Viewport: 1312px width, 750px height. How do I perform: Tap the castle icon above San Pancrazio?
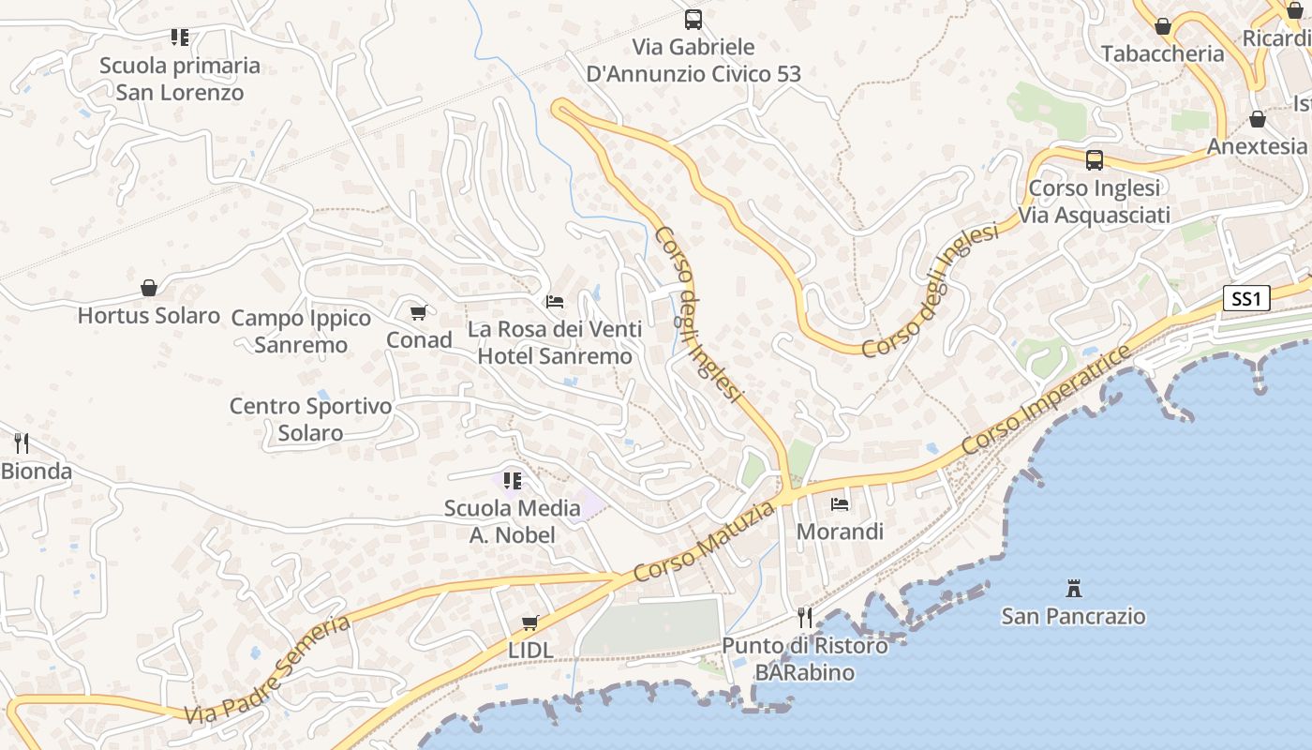coord(1074,589)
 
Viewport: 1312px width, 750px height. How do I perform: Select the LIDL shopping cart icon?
coord(530,622)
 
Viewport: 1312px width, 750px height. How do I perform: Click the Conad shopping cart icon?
coord(419,312)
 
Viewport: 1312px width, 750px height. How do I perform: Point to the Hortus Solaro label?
coord(149,315)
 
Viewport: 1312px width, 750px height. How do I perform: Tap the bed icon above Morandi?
coord(840,503)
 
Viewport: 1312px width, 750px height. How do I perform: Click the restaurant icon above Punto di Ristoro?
coord(805,617)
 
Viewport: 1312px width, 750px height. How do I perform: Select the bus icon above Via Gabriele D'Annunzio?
coord(693,19)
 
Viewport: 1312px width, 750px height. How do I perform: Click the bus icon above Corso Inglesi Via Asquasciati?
coord(1094,159)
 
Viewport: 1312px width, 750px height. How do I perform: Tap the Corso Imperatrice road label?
coord(1046,398)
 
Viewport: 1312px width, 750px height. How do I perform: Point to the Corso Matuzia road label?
coord(705,542)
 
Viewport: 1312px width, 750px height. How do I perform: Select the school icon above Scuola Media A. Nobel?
coord(513,481)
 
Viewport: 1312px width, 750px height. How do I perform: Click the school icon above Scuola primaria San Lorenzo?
coord(180,37)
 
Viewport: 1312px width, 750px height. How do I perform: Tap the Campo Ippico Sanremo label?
coord(301,331)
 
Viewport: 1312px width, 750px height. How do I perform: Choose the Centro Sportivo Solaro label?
coord(310,419)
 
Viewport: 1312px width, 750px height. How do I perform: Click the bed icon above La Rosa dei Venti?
coord(555,302)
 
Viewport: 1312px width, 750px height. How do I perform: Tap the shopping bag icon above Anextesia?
coord(1257,120)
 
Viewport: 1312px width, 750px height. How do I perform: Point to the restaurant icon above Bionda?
coord(22,442)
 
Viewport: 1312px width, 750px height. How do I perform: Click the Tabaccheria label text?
coord(1162,53)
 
